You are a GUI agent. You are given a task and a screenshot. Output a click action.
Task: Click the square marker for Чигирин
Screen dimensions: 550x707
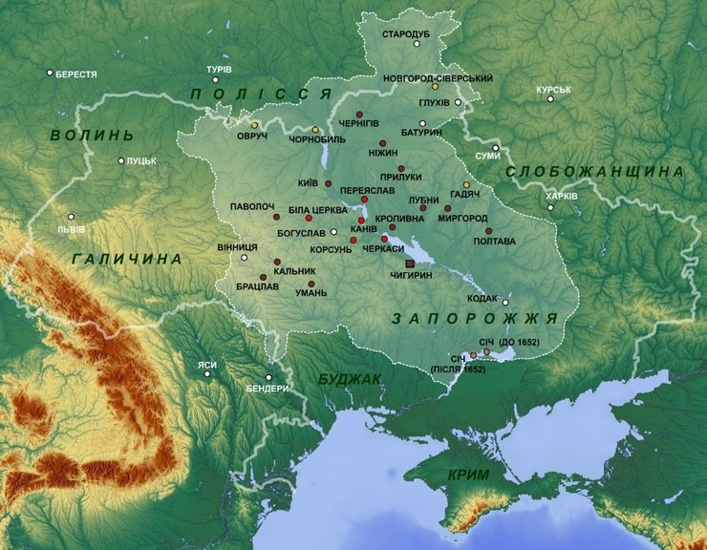click(x=411, y=263)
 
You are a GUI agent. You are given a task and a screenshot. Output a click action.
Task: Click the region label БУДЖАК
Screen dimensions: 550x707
click(x=349, y=379)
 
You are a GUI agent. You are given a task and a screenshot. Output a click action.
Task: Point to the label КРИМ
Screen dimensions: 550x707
click(x=468, y=475)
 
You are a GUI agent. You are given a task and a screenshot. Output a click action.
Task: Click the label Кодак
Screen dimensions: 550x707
click(x=482, y=298)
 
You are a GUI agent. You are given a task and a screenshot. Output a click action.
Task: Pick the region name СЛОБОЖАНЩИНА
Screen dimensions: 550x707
click(x=594, y=171)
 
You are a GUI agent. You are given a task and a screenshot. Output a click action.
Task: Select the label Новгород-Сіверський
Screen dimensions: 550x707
click(x=438, y=76)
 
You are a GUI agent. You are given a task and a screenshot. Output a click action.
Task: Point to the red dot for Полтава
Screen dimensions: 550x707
click(x=488, y=231)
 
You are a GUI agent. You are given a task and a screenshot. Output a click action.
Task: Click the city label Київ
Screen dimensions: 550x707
click(x=308, y=181)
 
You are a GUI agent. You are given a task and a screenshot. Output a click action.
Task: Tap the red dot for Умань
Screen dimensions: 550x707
click(x=311, y=285)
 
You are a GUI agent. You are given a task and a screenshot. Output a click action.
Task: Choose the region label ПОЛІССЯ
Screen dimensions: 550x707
click(x=260, y=94)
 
